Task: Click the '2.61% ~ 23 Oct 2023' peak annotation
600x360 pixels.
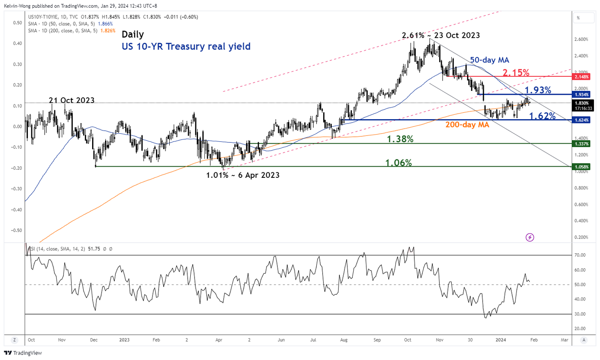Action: click(441, 36)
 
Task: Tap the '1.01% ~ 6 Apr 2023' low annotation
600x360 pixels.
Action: click(243, 175)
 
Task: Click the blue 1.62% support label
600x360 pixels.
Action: click(543, 116)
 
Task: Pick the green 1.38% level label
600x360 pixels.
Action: click(400, 139)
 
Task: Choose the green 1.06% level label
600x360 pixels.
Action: click(399, 162)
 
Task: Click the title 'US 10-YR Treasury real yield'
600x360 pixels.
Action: click(186, 46)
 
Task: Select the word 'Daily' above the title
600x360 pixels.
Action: click(133, 34)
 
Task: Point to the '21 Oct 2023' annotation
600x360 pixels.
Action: click(72, 100)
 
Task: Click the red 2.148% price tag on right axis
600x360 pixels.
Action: click(582, 77)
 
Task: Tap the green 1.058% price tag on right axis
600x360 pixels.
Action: click(582, 166)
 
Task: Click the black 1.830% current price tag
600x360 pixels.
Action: click(582, 103)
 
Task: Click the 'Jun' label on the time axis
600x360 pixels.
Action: click(281, 340)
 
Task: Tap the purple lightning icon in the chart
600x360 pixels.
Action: click(530, 237)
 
